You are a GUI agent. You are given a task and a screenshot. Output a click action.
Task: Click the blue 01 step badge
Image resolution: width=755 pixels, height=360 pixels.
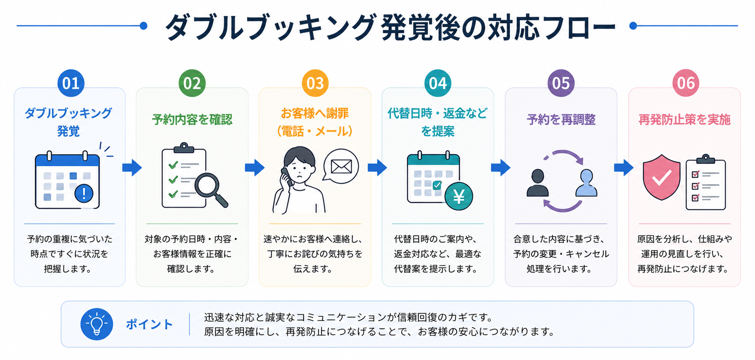click(x=71, y=83)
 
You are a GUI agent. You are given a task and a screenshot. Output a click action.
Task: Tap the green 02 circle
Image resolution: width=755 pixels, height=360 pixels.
click(x=192, y=83)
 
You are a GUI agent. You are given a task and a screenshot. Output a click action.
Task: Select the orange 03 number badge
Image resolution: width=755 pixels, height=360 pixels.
click(x=315, y=83)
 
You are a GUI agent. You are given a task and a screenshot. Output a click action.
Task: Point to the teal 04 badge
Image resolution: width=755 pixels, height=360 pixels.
click(x=438, y=83)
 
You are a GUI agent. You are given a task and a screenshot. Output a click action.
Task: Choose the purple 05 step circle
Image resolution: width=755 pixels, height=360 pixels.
click(x=561, y=83)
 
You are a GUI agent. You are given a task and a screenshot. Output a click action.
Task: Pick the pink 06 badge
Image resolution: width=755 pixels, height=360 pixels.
click(x=686, y=83)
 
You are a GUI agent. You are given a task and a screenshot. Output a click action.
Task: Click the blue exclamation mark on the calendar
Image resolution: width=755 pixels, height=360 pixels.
click(x=84, y=193)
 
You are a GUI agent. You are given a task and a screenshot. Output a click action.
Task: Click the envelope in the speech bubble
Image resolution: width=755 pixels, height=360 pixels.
click(x=341, y=167)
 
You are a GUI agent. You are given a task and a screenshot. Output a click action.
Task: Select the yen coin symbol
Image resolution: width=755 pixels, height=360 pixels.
click(x=459, y=196)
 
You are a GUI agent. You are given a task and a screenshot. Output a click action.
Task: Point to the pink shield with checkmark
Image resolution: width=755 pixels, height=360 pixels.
click(x=662, y=177)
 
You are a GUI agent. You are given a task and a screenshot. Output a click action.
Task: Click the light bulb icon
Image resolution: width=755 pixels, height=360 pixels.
click(x=97, y=324)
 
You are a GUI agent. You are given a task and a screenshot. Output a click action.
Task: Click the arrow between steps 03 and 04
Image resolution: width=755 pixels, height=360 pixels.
click(x=377, y=168)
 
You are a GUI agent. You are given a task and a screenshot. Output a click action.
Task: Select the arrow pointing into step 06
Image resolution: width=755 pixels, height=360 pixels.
click(x=624, y=168)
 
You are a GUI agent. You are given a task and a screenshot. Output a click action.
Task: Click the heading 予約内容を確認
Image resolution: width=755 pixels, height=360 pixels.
click(x=192, y=120)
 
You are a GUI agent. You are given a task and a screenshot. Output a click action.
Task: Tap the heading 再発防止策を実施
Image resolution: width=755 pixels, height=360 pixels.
click(x=684, y=120)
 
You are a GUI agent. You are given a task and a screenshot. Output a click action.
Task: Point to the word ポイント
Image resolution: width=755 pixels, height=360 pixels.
click(x=149, y=325)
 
